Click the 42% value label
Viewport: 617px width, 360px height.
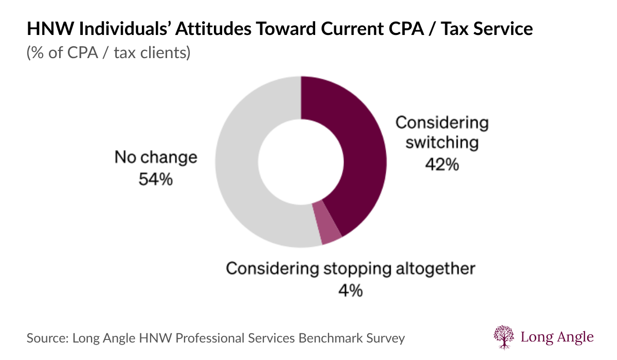pos(442,165)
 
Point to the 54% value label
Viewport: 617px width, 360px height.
pos(156,179)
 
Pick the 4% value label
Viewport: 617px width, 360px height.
pos(350,291)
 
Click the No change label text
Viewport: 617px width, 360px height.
pos(156,157)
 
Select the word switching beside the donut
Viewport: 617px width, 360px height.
pos(442,142)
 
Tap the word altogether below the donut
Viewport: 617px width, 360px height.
pos(435,268)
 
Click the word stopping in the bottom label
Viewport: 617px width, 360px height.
pos(357,269)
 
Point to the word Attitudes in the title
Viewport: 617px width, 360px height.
pos(213,29)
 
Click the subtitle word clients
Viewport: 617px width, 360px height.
pos(166,52)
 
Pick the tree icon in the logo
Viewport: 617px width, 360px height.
pos(503,337)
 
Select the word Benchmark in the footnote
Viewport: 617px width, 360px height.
pos(331,338)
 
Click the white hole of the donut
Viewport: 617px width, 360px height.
pos(301,162)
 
